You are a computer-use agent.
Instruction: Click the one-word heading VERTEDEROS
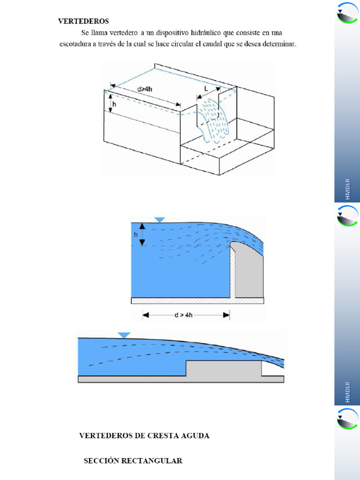coord(83,21)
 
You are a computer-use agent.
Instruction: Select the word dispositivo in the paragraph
coord(172,33)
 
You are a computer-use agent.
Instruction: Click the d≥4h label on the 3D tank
coord(144,89)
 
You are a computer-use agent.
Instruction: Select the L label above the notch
coord(206,89)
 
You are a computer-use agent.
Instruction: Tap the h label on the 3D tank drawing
coord(114,104)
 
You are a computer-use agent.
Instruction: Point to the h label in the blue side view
coord(135,235)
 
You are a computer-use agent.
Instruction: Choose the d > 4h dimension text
coord(183,315)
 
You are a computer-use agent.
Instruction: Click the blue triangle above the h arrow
coord(160,219)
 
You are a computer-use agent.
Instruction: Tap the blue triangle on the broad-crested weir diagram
coord(124,335)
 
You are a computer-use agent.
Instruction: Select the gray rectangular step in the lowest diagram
coord(224,368)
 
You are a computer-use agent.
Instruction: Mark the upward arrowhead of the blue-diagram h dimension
coord(142,226)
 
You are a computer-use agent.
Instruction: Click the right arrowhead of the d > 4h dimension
coord(226,315)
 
